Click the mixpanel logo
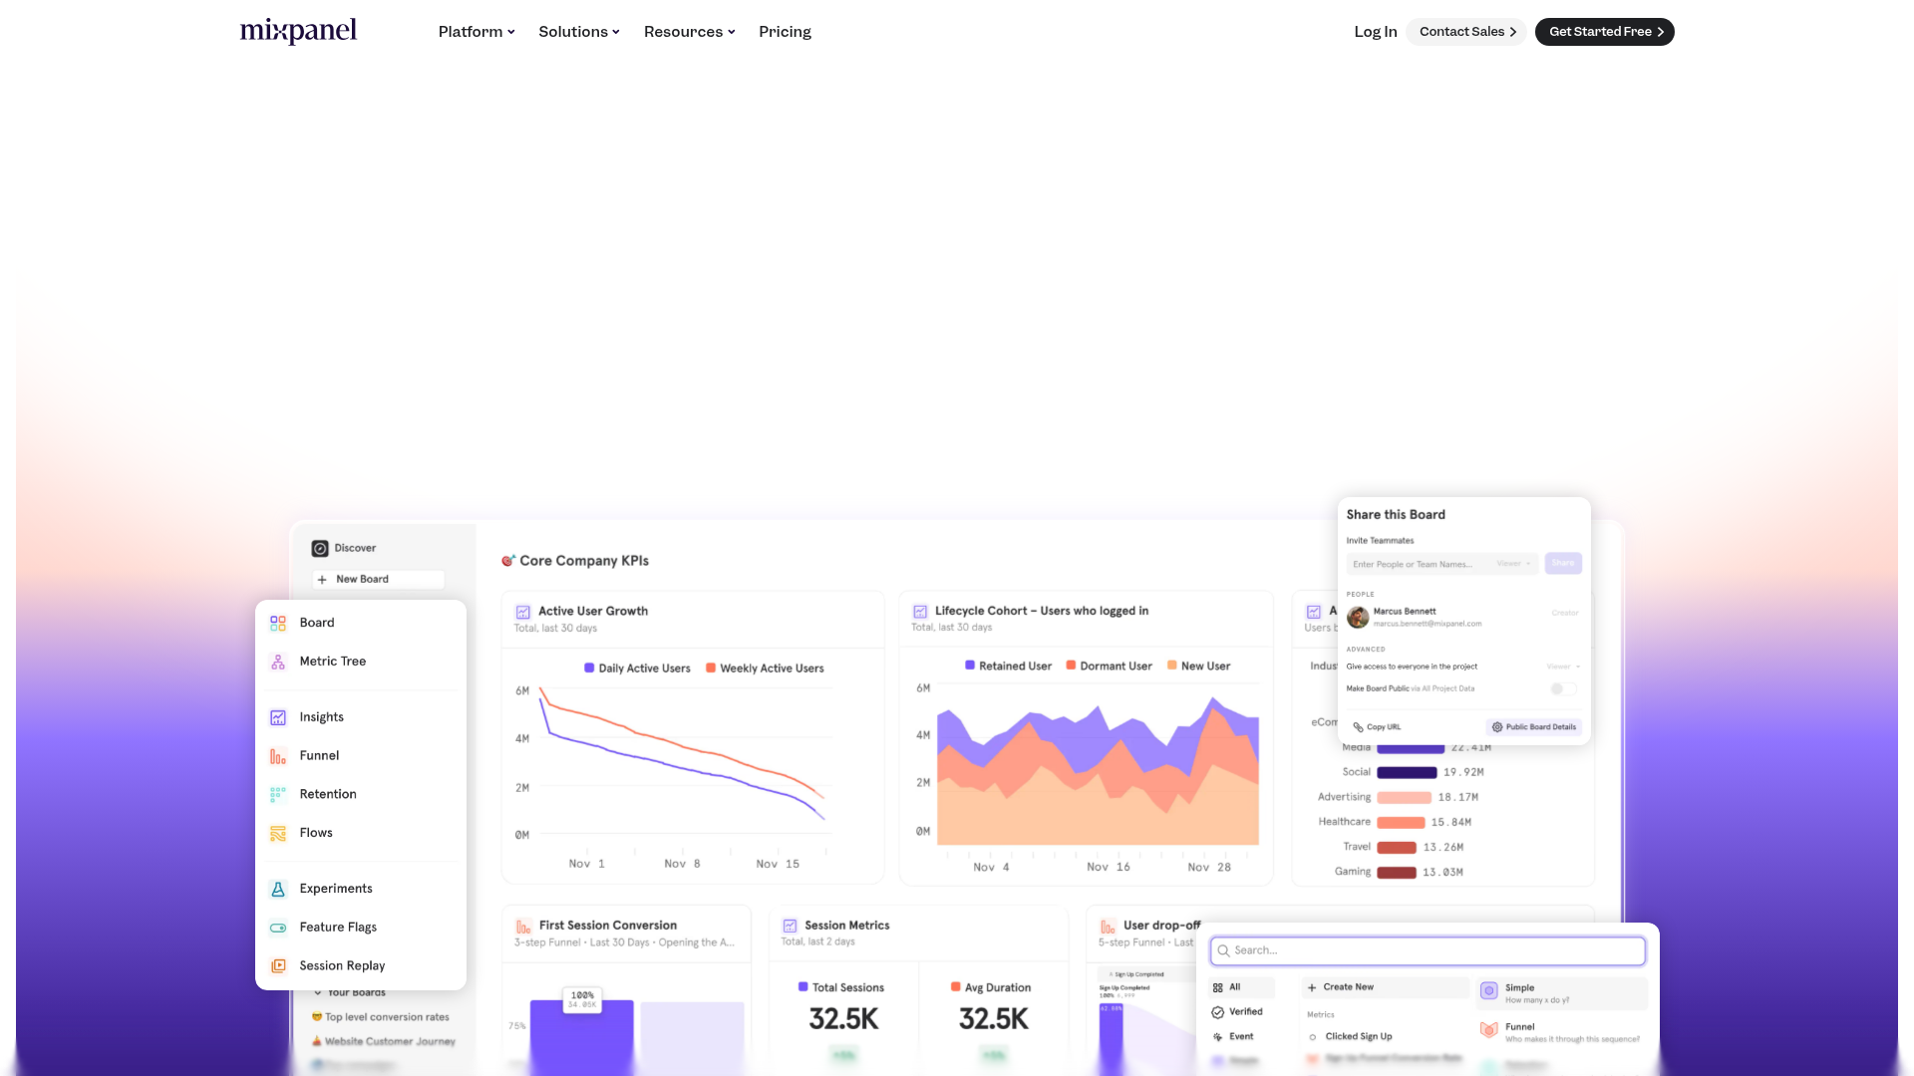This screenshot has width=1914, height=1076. tap(298, 32)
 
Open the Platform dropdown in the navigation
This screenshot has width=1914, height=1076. tap(477, 32)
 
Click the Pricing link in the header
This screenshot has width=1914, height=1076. tap(785, 32)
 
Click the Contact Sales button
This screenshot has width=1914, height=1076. tap(1466, 32)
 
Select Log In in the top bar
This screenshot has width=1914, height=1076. tap(1375, 32)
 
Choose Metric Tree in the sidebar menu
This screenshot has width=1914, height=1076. tap(332, 662)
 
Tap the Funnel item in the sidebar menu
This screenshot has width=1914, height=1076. tap(319, 756)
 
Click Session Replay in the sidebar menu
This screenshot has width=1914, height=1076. tap(341, 966)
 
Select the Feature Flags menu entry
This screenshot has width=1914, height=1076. tap(338, 928)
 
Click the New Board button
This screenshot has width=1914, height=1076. tap(377, 580)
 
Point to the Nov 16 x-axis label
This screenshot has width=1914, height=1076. tap(1108, 868)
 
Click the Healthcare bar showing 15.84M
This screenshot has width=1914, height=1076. tap(1400, 823)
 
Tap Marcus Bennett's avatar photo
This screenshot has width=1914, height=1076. tap(1357, 618)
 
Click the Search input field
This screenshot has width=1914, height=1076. tap(1428, 951)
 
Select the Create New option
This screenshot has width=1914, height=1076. tap(1347, 987)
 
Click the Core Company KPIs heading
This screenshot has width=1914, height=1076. tap(583, 561)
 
